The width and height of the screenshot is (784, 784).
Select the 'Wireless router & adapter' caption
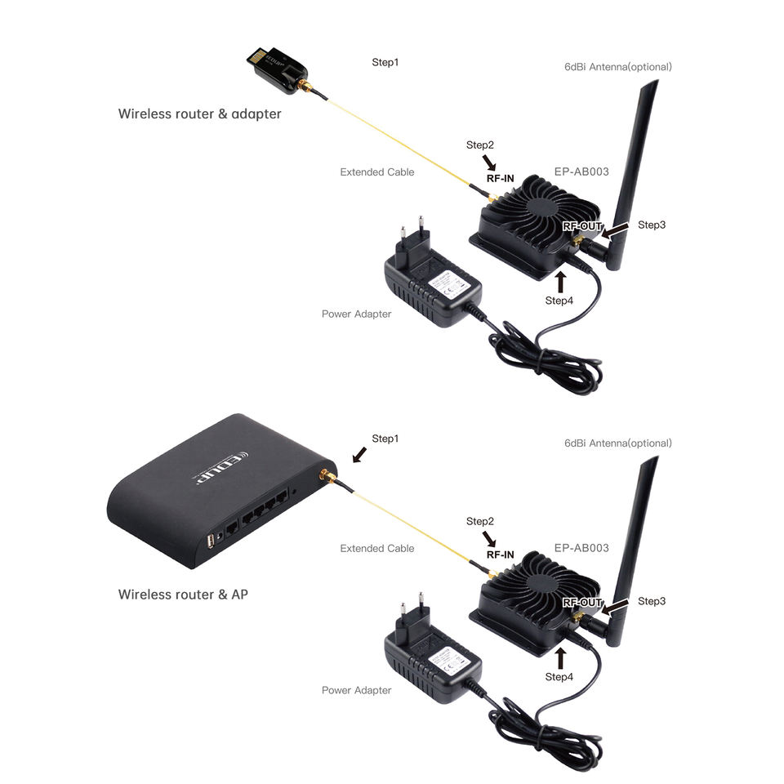pos(199,114)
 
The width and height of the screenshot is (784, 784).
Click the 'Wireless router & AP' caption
pos(183,594)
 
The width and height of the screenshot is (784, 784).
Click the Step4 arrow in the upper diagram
pos(559,282)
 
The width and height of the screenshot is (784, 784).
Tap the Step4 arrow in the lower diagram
pos(559,658)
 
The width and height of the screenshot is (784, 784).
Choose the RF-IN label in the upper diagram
pos(500,177)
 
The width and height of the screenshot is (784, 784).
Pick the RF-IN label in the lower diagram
pos(500,555)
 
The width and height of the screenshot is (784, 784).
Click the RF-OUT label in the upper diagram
pos(582,225)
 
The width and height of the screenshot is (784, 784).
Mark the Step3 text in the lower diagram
pos(652,601)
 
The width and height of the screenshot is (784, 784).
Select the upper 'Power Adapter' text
pos(356,314)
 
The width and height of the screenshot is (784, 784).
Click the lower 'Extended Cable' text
pos(376,548)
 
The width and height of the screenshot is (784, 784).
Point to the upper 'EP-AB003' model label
pos(581,171)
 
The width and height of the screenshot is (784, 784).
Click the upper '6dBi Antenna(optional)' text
pos(617,66)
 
